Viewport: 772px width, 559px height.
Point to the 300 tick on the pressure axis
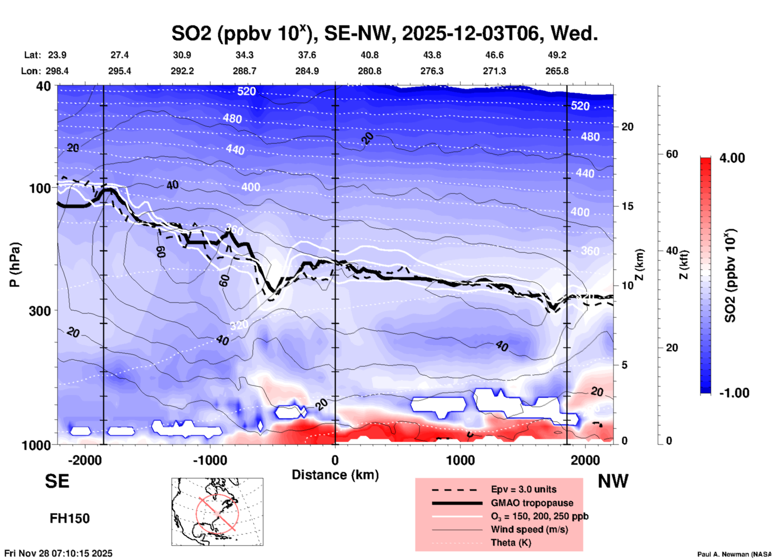tap(40, 311)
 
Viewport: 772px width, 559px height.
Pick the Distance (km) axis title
tap(335, 475)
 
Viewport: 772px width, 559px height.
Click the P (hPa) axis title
tap(15, 265)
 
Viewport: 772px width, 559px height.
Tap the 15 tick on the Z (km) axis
tap(628, 206)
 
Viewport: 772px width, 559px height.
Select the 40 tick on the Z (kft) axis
tap(672, 251)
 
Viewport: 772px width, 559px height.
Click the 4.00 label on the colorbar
tap(732, 158)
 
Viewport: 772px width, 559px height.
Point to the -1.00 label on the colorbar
tap(734, 393)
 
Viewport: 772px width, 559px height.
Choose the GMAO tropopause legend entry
tap(532, 503)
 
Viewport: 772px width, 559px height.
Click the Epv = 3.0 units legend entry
tap(523, 489)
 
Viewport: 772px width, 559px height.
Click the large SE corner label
tap(57, 481)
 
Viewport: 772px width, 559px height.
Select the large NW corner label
tap(613, 481)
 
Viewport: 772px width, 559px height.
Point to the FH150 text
tap(69, 518)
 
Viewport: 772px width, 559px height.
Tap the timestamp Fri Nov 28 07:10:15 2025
tap(59, 553)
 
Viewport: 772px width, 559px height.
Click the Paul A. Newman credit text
tap(734, 554)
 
